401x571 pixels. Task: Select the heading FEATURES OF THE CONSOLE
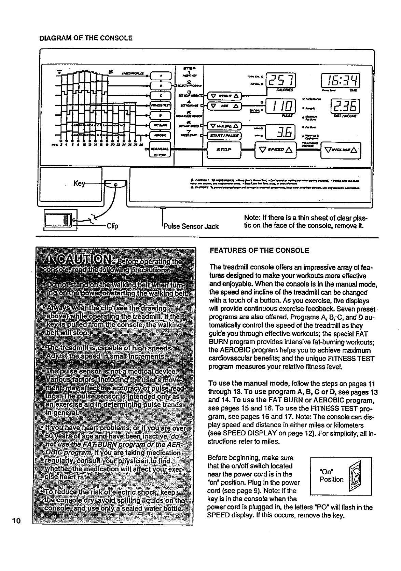click(259, 251)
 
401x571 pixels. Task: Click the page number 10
click(16, 521)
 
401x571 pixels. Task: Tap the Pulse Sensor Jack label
click(191, 226)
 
